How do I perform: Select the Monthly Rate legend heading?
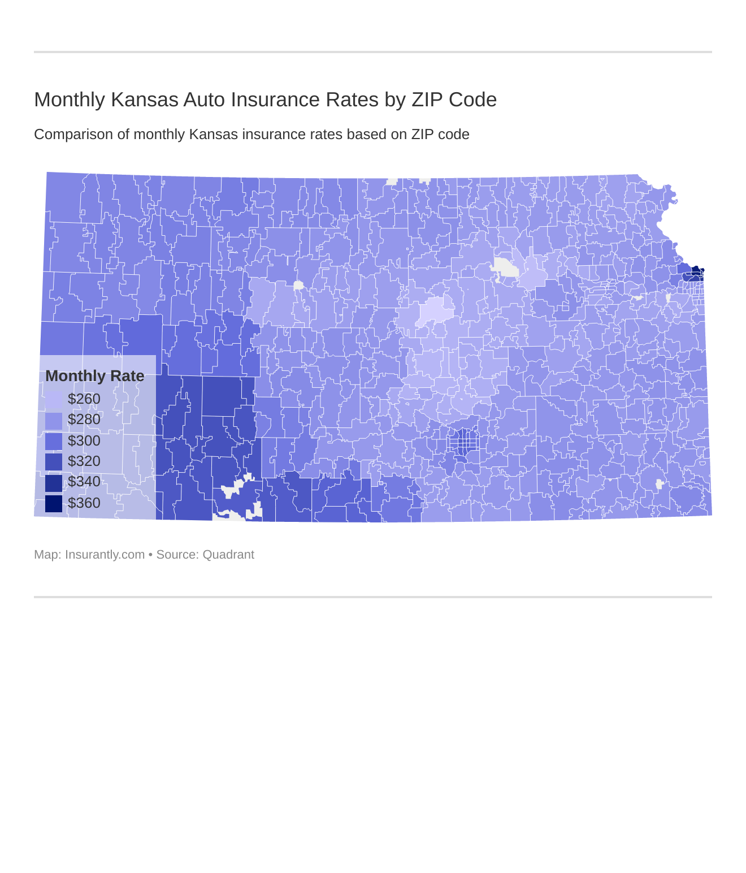94,376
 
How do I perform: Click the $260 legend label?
84,399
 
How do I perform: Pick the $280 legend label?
84,420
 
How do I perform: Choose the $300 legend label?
84,441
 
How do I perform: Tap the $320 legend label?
84,461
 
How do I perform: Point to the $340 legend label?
84,482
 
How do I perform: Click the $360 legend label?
84,503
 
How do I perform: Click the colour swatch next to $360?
54,503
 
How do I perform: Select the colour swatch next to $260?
54,399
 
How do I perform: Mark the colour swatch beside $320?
54,461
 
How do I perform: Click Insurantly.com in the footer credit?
105,555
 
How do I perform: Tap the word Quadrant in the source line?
228,555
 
